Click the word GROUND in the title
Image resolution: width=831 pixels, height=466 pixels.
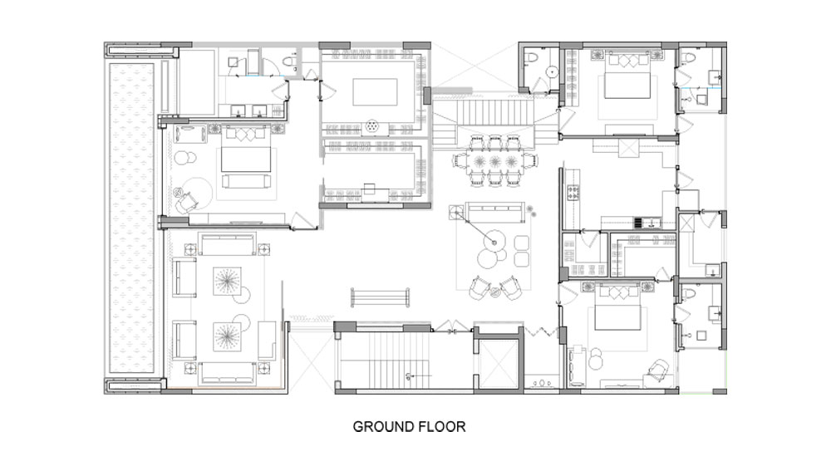tap(383, 427)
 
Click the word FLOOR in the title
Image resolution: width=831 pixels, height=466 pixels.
tap(442, 427)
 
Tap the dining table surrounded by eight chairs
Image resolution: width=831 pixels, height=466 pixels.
tap(495, 160)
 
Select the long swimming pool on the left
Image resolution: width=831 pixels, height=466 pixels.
tap(132, 218)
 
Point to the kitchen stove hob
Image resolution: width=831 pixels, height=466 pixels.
tap(573, 192)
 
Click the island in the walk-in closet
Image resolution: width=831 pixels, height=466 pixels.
tap(376, 92)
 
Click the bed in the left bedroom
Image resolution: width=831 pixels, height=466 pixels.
tap(245, 153)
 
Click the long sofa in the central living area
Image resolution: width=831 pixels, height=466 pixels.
tap(495, 213)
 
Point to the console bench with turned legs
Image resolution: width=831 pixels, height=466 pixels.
tap(380, 297)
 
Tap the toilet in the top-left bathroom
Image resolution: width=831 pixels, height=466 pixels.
tap(290, 61)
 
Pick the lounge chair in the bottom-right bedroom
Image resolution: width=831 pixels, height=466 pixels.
tap(658, 370)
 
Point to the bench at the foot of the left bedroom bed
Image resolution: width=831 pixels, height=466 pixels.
tap(247, 182)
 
